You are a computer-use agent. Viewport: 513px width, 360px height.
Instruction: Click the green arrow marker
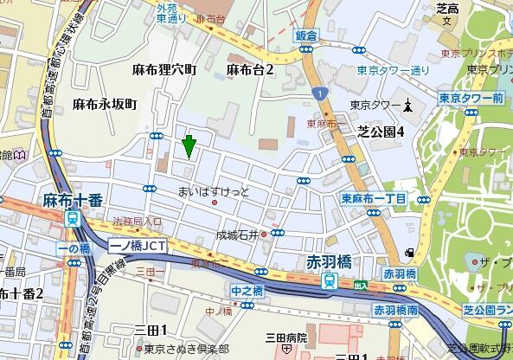pyautogui.click(x=189, y=145)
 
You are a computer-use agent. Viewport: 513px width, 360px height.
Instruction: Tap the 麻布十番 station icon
pyautogui.click(x=74, y=218)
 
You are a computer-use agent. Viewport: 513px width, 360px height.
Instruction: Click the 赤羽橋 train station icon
pyautogui.click(x=330, y=280)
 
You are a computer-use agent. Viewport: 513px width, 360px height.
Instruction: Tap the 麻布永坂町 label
pyautogui.click(x=105, y=104)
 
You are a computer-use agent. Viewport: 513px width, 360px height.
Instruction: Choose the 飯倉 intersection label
pyautogui.click(x=307, y=36)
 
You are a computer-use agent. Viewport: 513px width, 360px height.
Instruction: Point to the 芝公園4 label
pyautogui.click(x=382, y=132)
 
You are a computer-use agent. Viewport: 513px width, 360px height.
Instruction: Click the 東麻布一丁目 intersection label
pyautogui.click(x=374, y=199)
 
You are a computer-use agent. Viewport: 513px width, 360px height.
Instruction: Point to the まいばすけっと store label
pyautogui.click(x=213, y=190)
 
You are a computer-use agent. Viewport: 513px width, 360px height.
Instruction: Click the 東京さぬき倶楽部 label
pyautogui.click(x=186, y=349)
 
